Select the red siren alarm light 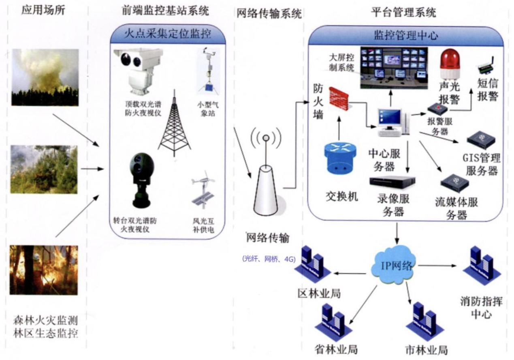click(450, 63)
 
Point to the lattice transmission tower click(174, 121)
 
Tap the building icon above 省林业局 click(332, 318)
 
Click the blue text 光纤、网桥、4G click(268, 259)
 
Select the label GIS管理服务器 click(481, 164)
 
